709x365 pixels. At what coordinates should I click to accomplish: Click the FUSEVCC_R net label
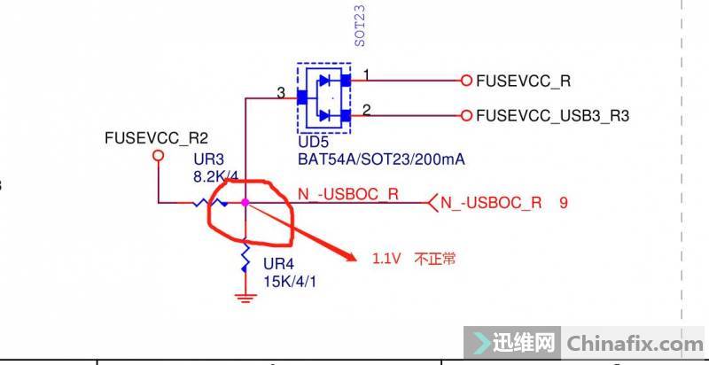coord(523,81)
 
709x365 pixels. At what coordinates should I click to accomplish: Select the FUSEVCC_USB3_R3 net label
coord(553,115)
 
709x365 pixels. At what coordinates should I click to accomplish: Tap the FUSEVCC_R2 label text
coord(156,138)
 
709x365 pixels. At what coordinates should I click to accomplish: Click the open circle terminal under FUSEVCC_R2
coord(159,155)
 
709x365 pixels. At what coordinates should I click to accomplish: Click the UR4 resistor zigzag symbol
coord(245,259)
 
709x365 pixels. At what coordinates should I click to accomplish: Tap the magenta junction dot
coord(245,203)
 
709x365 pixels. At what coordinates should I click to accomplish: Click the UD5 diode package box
coord(323,97)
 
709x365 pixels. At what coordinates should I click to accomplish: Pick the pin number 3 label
coord(280,92)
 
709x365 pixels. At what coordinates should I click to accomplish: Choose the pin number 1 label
coord(367,74)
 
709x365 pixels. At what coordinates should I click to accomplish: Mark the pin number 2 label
coord(367,109)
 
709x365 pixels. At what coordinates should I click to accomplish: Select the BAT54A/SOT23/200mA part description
coord(381,159)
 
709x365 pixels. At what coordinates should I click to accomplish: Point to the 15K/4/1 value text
coord(289,281)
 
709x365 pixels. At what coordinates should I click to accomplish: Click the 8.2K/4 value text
coord(213,177)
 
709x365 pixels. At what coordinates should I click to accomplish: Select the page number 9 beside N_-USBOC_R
coord(564,203)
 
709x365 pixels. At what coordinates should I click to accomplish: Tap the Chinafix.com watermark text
coord(634,342)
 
